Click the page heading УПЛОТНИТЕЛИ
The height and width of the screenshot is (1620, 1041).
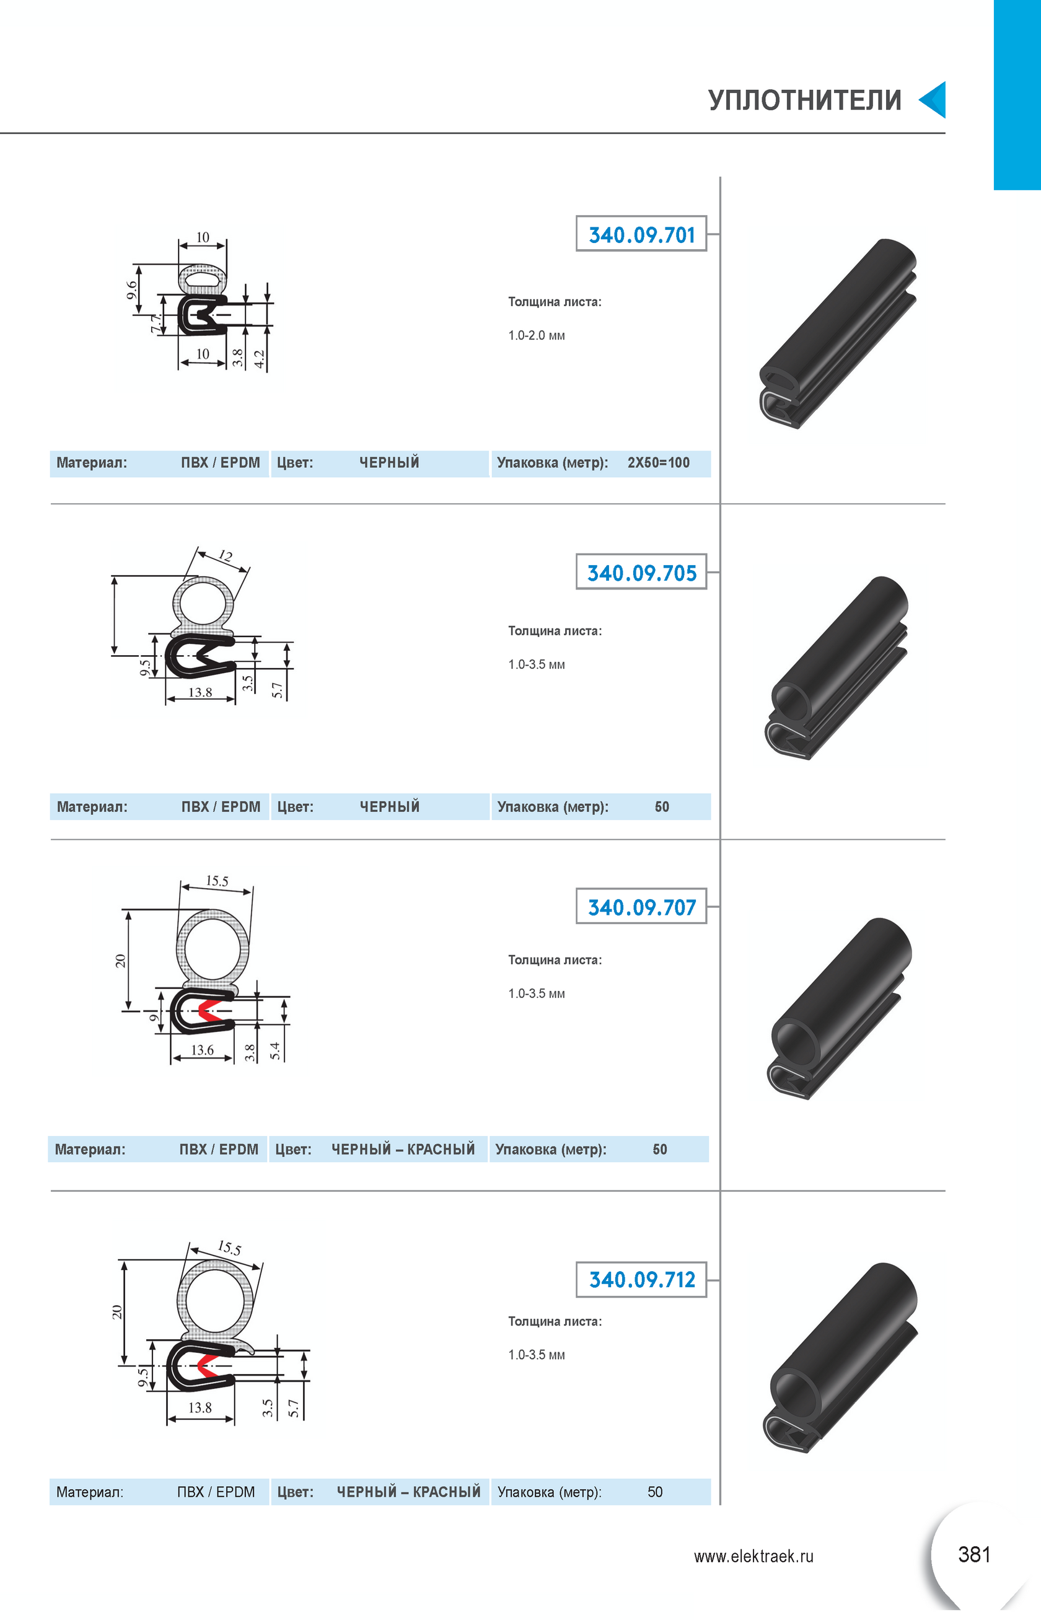tap(804, 100)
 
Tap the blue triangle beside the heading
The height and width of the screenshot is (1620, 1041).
tap(933, 100)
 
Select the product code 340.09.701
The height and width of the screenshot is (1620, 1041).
tap(641, 235)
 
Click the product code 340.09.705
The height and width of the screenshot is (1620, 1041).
tap(641, 573)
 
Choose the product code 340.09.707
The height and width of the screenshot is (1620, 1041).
tap(641, 907)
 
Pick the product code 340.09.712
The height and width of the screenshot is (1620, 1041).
tap(641, 1279)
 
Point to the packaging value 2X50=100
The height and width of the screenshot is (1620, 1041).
tap(659, 463)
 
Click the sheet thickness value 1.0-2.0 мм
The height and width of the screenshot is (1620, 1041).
tap(537, 335)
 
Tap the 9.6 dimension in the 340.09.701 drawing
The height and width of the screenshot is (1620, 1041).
tap(133, 290)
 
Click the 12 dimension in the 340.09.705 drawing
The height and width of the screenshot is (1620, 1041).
tap(226, 557)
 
